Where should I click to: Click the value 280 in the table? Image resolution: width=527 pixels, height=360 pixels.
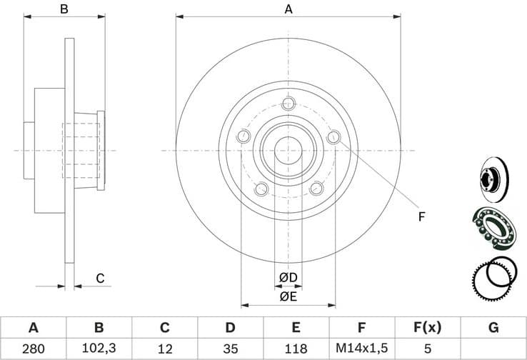coord(33,349)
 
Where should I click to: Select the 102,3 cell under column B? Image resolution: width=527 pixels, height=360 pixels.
coord(99,349)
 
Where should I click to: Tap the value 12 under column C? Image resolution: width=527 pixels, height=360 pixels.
coord(164,349)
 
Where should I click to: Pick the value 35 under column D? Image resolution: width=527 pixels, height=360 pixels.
coord(230,349)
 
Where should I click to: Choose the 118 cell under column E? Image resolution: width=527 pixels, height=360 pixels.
coord(296,349)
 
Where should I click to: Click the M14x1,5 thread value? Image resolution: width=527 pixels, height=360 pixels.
coord(361,349)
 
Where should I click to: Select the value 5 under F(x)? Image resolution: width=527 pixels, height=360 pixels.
coord(427,349)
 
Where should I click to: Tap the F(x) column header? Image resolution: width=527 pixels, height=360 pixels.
coord(427,328)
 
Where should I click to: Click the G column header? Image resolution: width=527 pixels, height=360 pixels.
coord(493,328)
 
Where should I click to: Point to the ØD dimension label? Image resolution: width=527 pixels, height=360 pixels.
coord(288,277)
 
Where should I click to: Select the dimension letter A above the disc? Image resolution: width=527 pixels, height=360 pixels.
coord(288,9)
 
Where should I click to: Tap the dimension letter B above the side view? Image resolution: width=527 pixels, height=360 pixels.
coord(64,9)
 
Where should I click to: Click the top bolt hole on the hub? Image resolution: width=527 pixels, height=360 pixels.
coord(288,104)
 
